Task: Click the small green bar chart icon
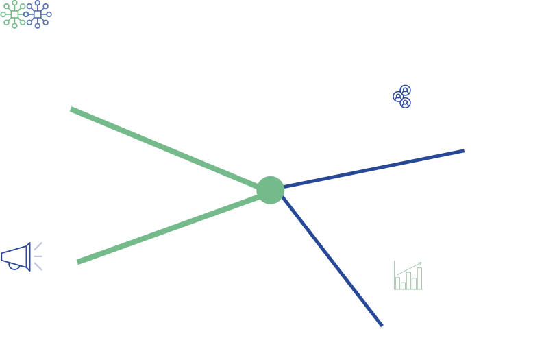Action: click(408, 276)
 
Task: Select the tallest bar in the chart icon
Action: click(419, 278)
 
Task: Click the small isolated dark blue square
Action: click(401, 96)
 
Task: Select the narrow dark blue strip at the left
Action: click(38, 256)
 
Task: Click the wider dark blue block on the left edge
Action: click(15, 256)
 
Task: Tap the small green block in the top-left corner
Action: click(10, 14)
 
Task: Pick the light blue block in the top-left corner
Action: click(38, 14)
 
